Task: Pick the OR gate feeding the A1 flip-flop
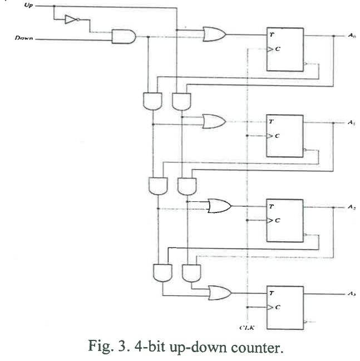click(214, 121)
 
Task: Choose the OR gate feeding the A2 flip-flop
click(219, 206)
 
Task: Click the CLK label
click(246, 328)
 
